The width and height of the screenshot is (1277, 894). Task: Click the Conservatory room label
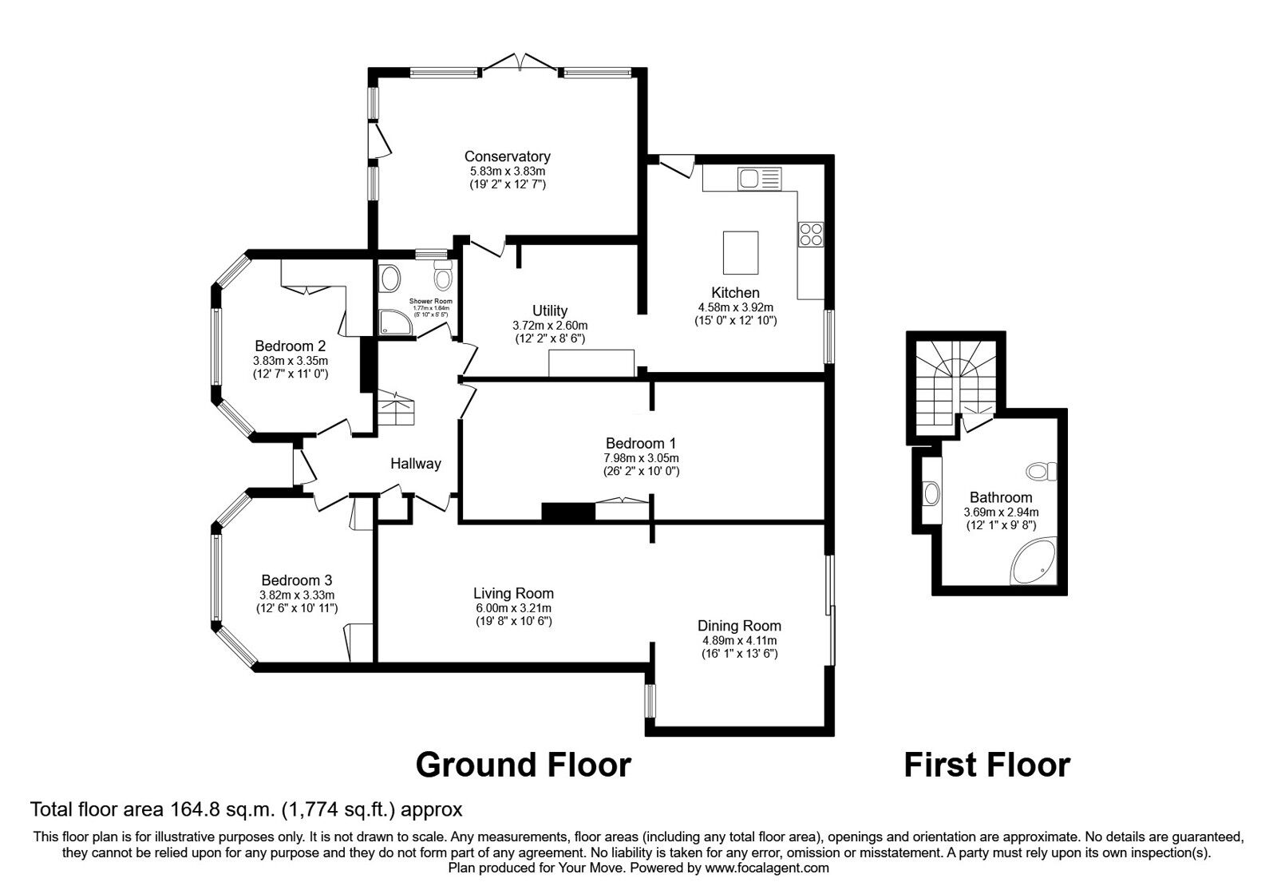coord(507,156)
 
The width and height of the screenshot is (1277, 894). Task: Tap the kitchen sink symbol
coord(757,179)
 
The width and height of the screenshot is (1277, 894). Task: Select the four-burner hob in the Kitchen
coord(811,234)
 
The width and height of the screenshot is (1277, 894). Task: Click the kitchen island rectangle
coord(741,252)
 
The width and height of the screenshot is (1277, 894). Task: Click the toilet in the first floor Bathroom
coord(1041,472)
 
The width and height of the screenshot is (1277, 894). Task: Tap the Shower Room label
coord(430,302)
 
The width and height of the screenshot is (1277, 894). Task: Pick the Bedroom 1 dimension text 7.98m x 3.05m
coord(641,458)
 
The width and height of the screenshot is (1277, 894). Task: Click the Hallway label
coord(415,464)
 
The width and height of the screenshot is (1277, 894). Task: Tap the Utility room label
coord(550,311)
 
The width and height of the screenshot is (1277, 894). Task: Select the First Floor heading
coord(986,765)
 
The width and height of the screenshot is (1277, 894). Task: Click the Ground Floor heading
coord(524,765)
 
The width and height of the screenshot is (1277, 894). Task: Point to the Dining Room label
coord(739,626)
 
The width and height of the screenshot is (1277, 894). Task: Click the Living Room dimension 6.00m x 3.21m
coord(513,607)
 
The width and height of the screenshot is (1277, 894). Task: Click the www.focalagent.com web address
coord(767,868)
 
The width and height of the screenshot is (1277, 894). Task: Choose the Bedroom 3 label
coord(297,580)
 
